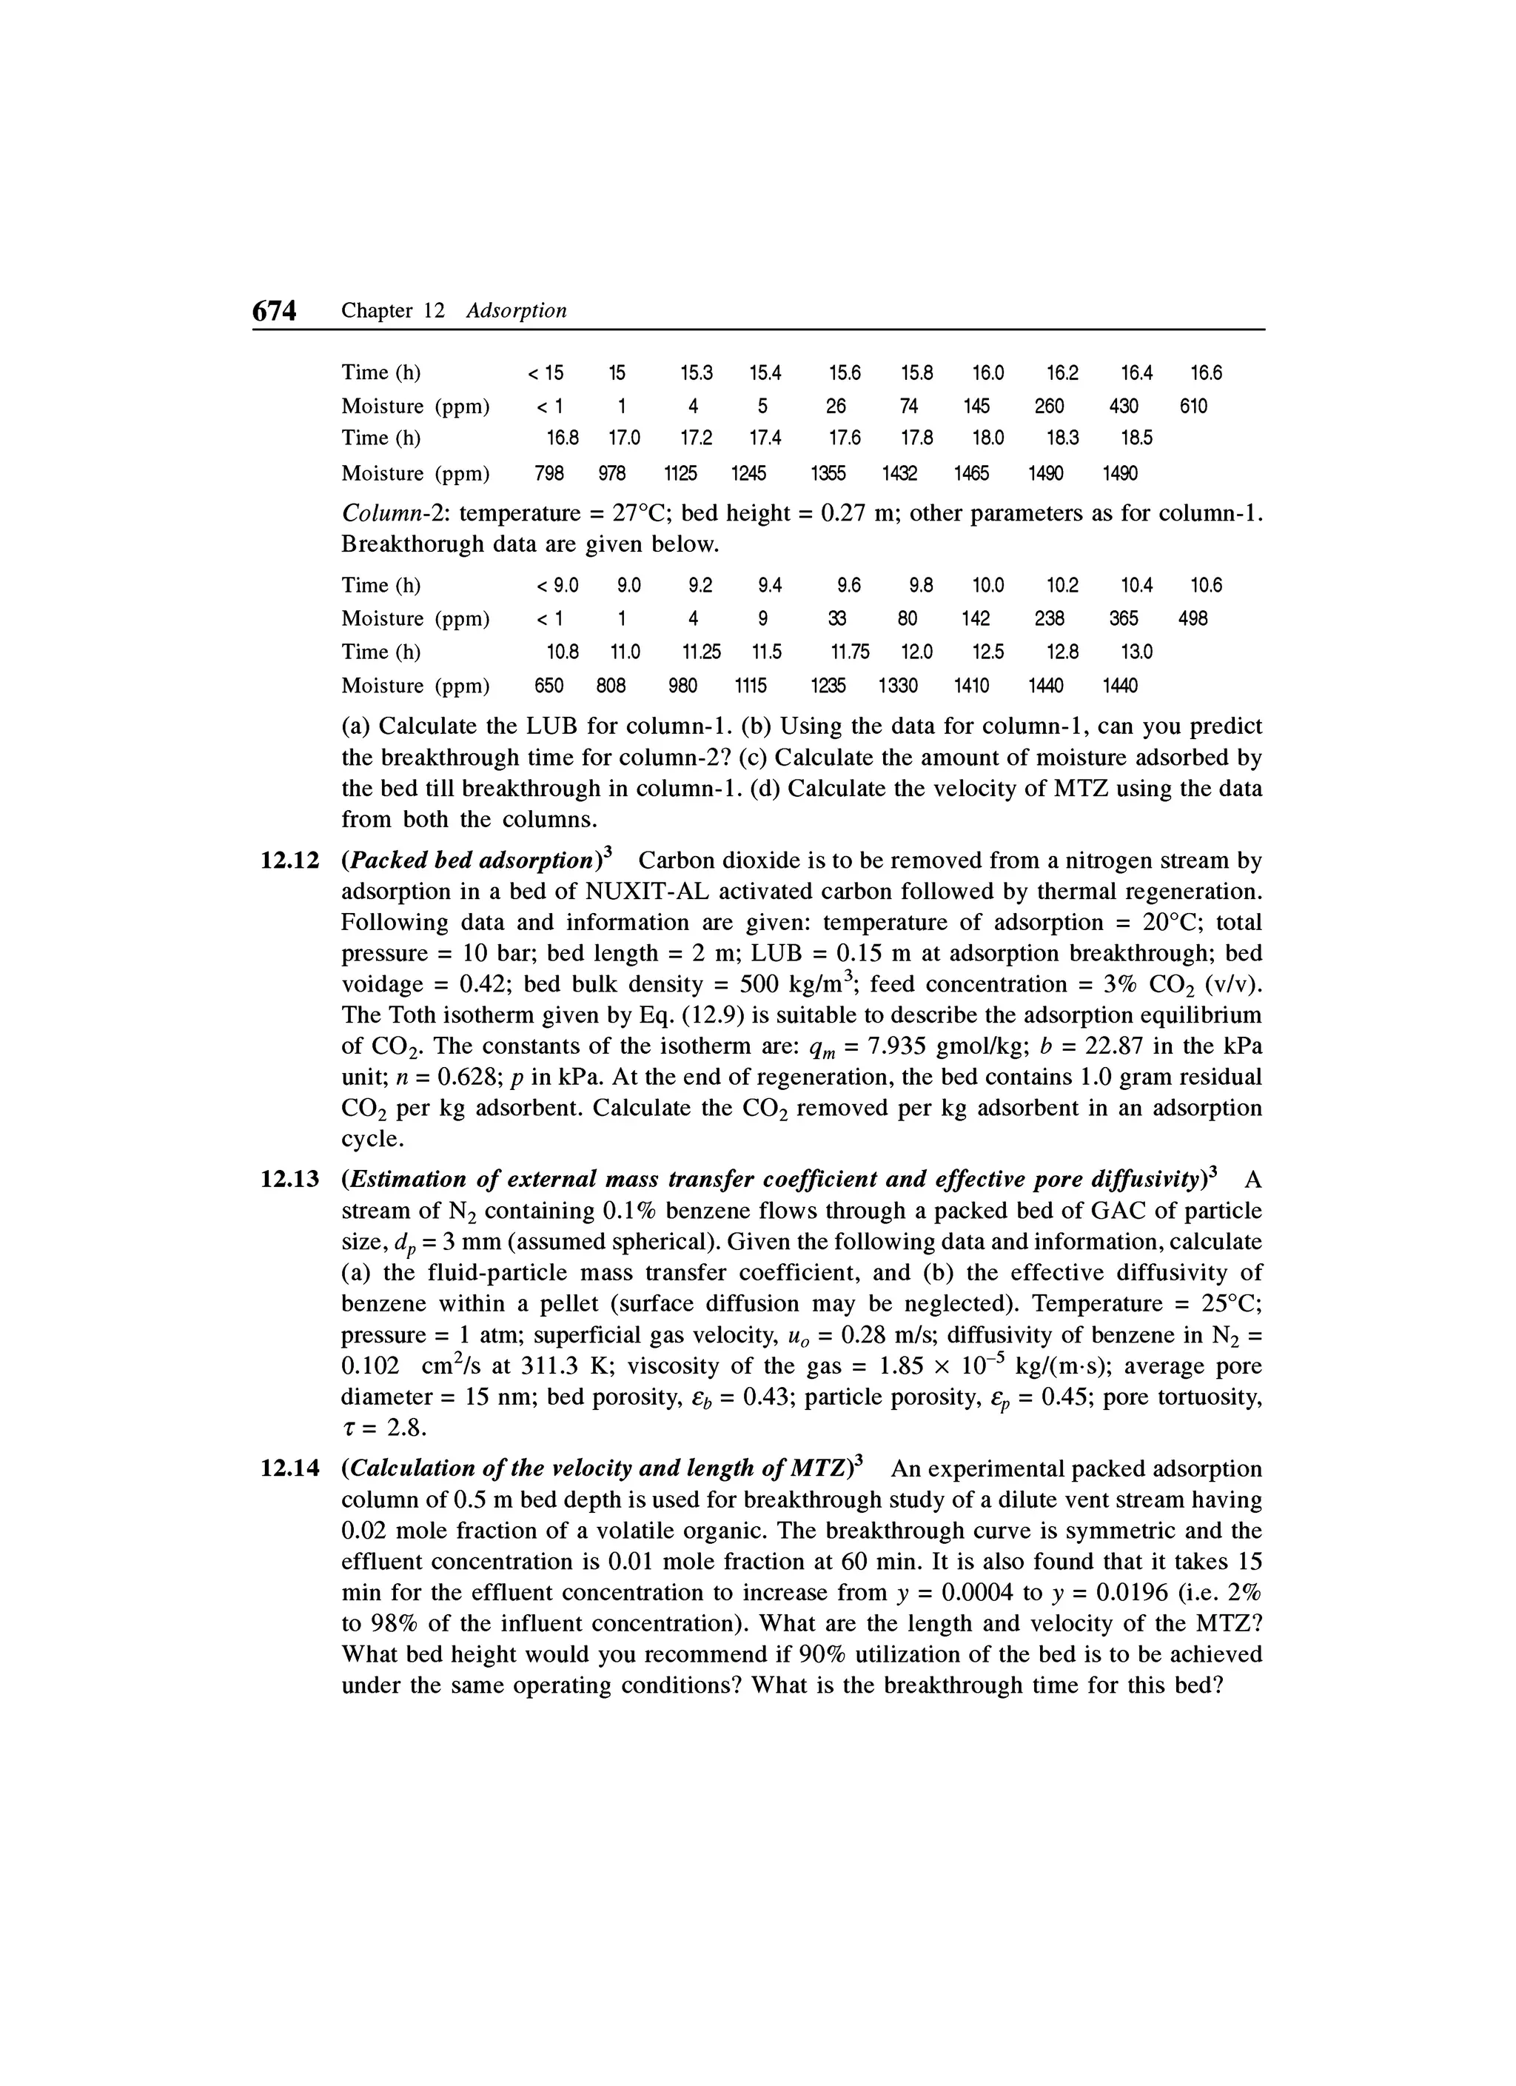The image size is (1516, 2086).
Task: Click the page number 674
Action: tap(275, 312)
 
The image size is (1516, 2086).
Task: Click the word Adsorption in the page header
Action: tap(516, 311)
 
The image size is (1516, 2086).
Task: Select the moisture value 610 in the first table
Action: tap(1193, 407)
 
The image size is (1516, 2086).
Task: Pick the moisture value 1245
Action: tap(748, 474)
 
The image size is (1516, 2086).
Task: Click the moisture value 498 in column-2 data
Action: tap(1193, 619)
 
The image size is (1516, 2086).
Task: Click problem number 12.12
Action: tap(289, 861)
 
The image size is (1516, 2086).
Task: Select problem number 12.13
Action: tap(289, 1179)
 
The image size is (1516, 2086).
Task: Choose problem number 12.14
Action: tap(289, 1468)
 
